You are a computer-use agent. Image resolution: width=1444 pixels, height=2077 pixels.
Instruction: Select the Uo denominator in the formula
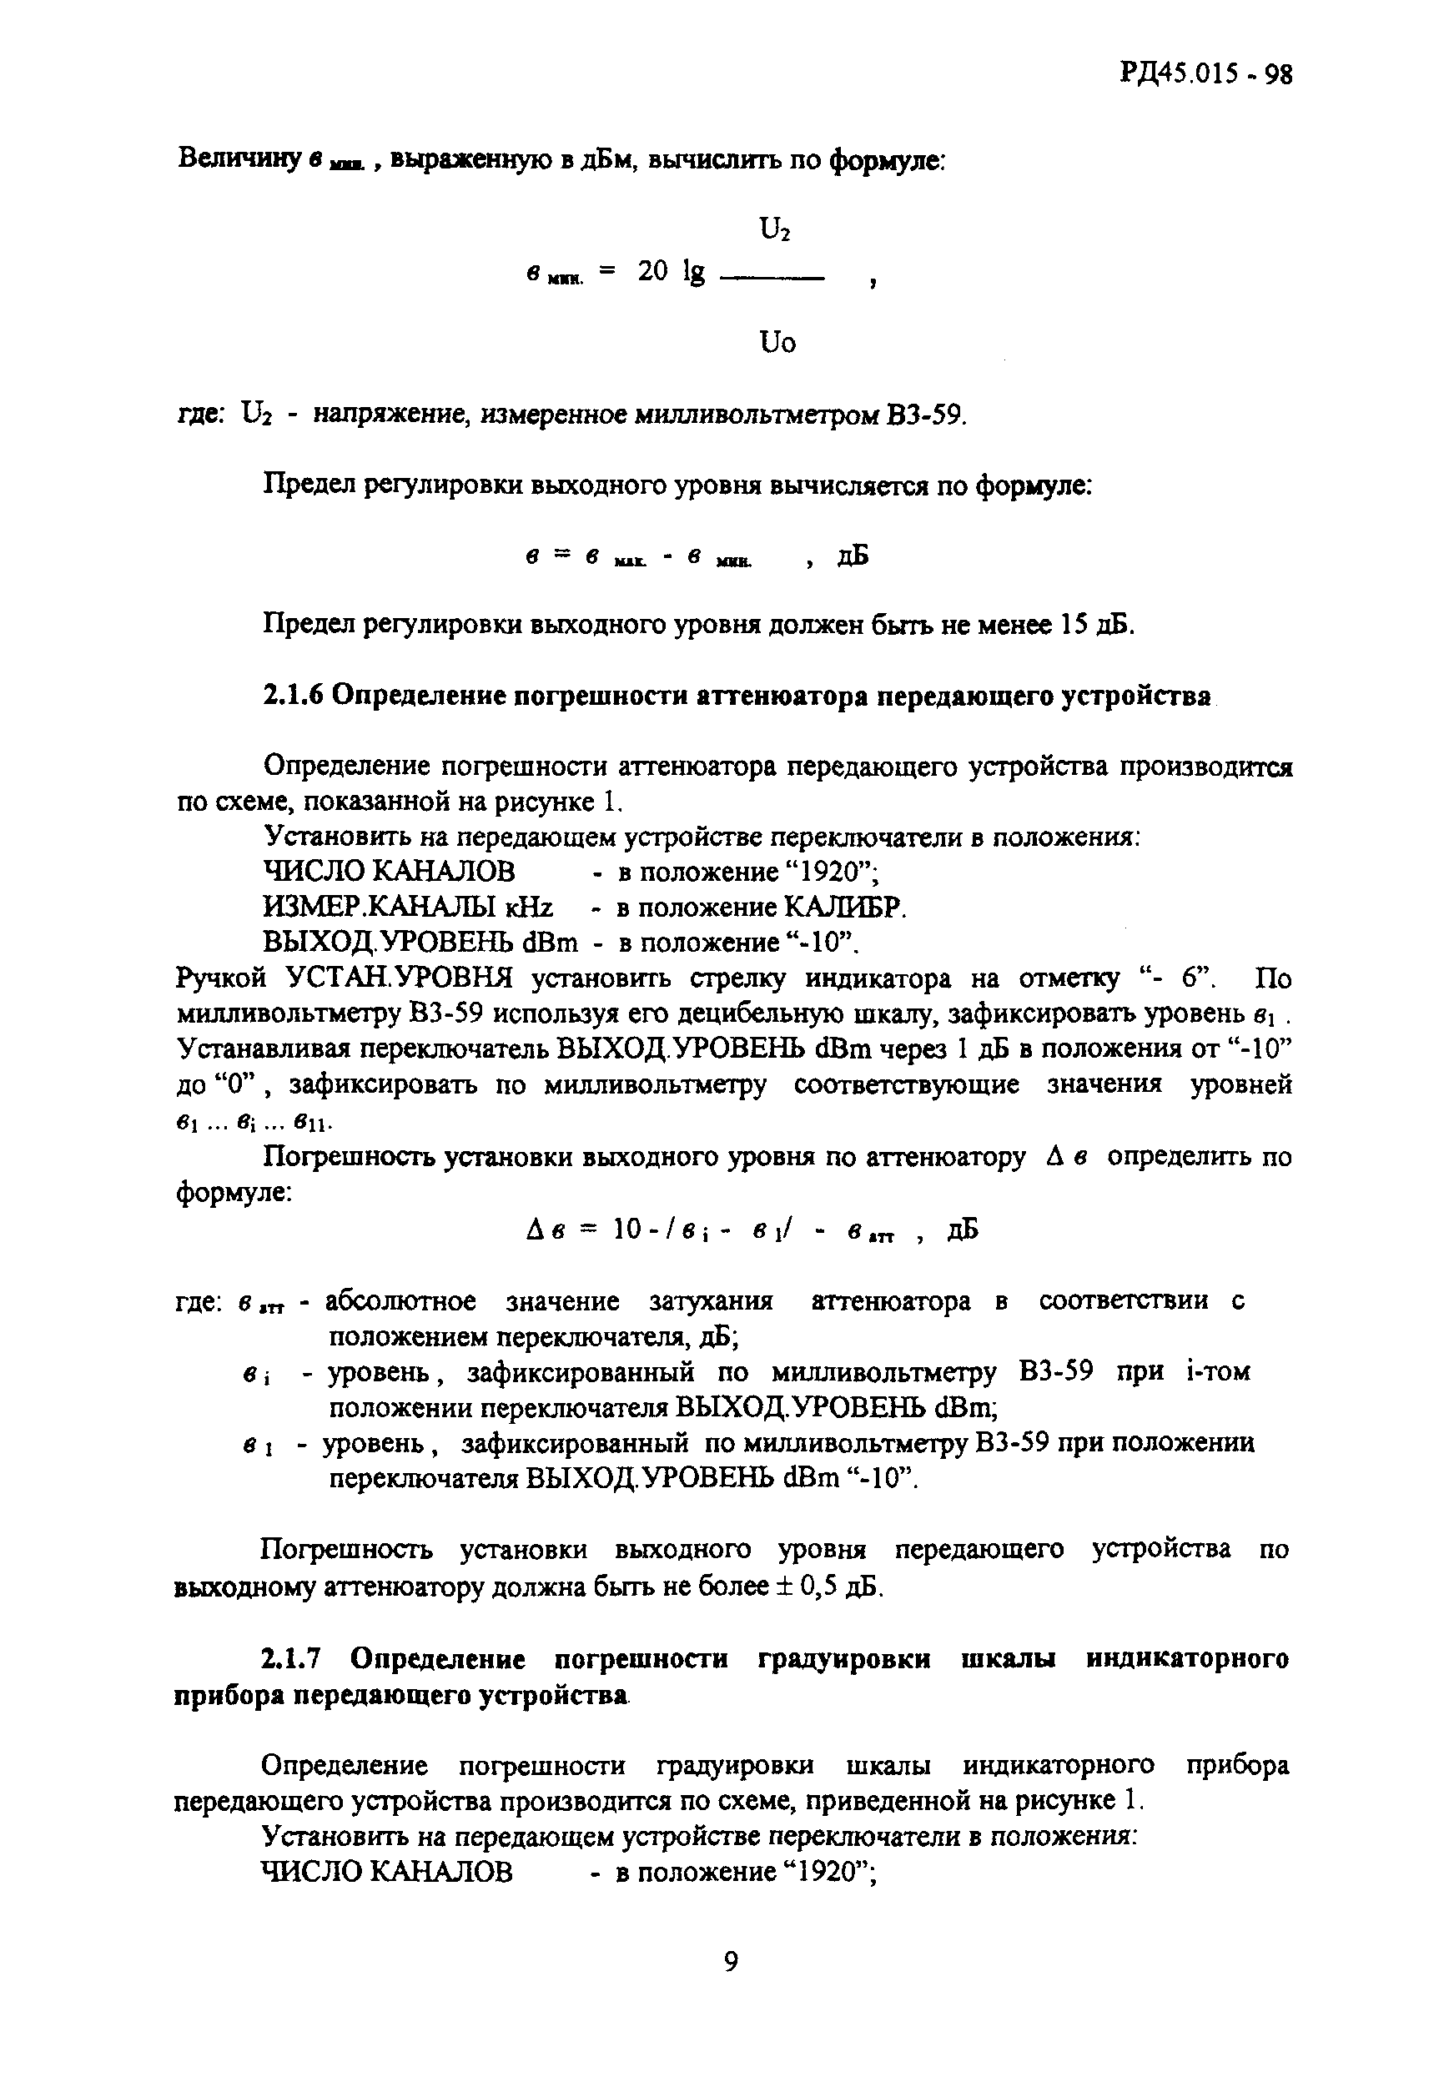pos(777,343)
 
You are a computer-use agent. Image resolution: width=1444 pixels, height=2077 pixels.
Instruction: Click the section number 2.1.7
pos(291,1659)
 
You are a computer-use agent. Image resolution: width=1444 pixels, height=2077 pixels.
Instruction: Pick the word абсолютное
pos(400,1301)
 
